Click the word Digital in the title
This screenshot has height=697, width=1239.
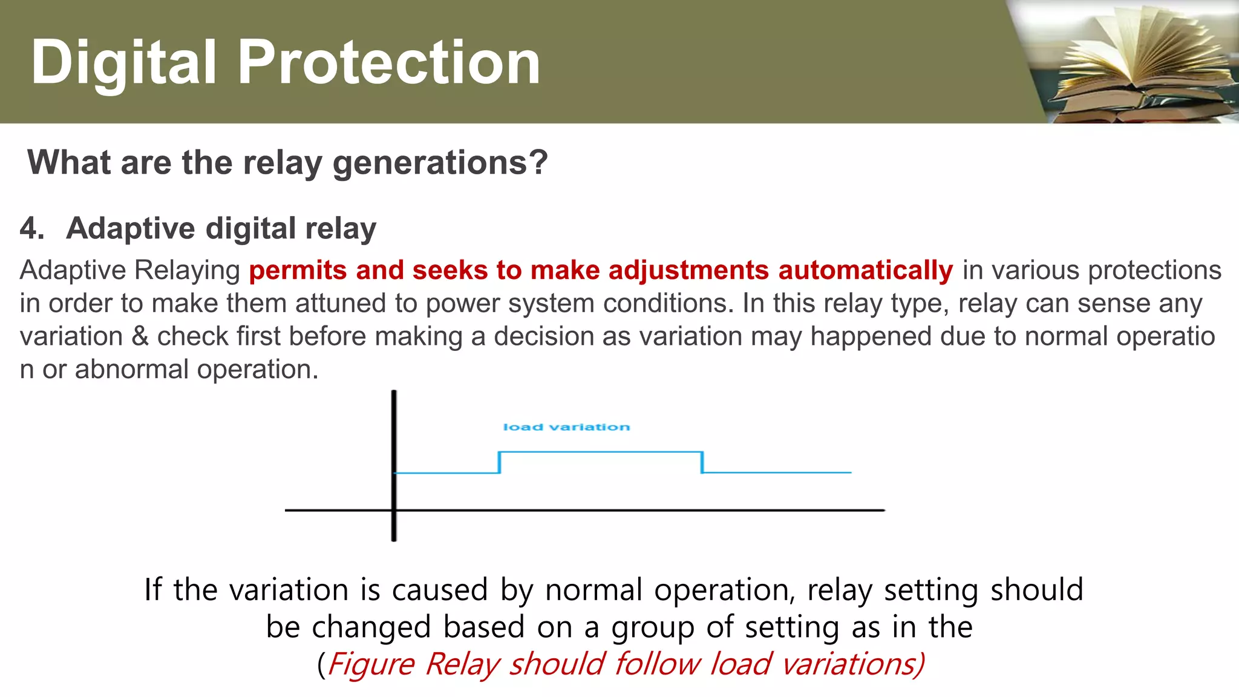pyautogui.click(x=123, y=62)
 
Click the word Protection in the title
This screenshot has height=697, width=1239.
pyautogui.click(x=388, y=62)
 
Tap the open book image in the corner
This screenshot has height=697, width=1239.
pyautogui.click(x=1137, y=61)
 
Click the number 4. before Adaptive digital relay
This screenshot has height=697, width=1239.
pyautogui.click(x=31, y=229)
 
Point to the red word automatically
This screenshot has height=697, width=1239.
pyautogui.click(x=865, y=270)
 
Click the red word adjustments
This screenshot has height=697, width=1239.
pyautogui.click(x=688, y=270)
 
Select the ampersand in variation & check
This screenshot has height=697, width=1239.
pyautogui.click(x=140, y=336)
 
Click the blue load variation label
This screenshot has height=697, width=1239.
pyautogui.click(x=566, y=427)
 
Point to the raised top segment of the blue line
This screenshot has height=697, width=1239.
pyautogui.click(x=600, y=451)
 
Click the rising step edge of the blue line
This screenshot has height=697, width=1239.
pyautogui.click(x=499, y=462)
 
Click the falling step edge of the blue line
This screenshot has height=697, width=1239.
pyautogui.click(x=702, y=462)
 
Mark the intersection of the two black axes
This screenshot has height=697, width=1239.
pyautogui.click(x=394, y=510)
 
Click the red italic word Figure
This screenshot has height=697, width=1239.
pyautogui.click(x=371, y=664)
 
